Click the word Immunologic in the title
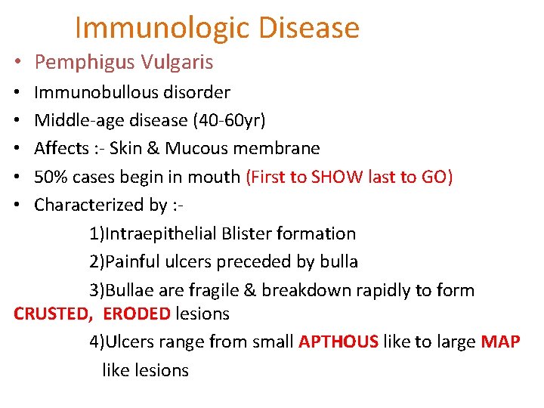(162, 28)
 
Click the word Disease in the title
(308, 28)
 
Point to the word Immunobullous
(90, 93)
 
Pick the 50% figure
(50, 177)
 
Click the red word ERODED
(137, 314)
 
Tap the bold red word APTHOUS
(338, 342)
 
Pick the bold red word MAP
(500, 342)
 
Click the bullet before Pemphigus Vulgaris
(15, 63)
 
